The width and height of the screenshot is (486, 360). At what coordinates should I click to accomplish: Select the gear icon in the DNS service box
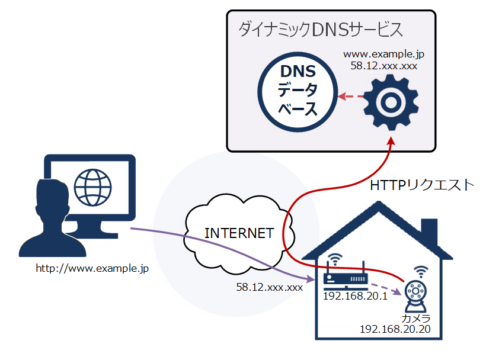pos(391,102)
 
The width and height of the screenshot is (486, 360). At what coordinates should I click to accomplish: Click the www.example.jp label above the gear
pos(384,54)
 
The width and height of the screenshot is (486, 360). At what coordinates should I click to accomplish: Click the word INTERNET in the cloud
pos(239,233)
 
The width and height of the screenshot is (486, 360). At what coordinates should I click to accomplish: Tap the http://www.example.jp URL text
pos(92,268)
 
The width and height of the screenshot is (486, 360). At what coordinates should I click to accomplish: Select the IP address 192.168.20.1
pos(355,295)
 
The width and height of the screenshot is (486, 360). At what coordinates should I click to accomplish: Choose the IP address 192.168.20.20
pos(395,329)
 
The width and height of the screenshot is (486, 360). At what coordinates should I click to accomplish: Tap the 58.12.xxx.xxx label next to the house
pos(270,287)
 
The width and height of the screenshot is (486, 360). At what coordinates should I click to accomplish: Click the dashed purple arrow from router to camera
pos(385,289)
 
